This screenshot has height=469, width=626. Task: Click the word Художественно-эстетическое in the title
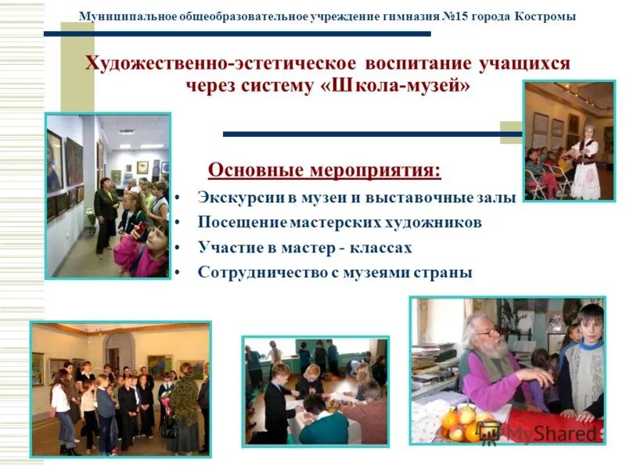click(220, 63)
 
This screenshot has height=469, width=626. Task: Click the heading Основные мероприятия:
click(324, 170)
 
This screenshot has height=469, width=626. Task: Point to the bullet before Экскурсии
click(179, 198)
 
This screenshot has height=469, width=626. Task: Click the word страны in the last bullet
click(444, 273)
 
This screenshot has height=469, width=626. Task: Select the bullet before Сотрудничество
click(179, 273)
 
